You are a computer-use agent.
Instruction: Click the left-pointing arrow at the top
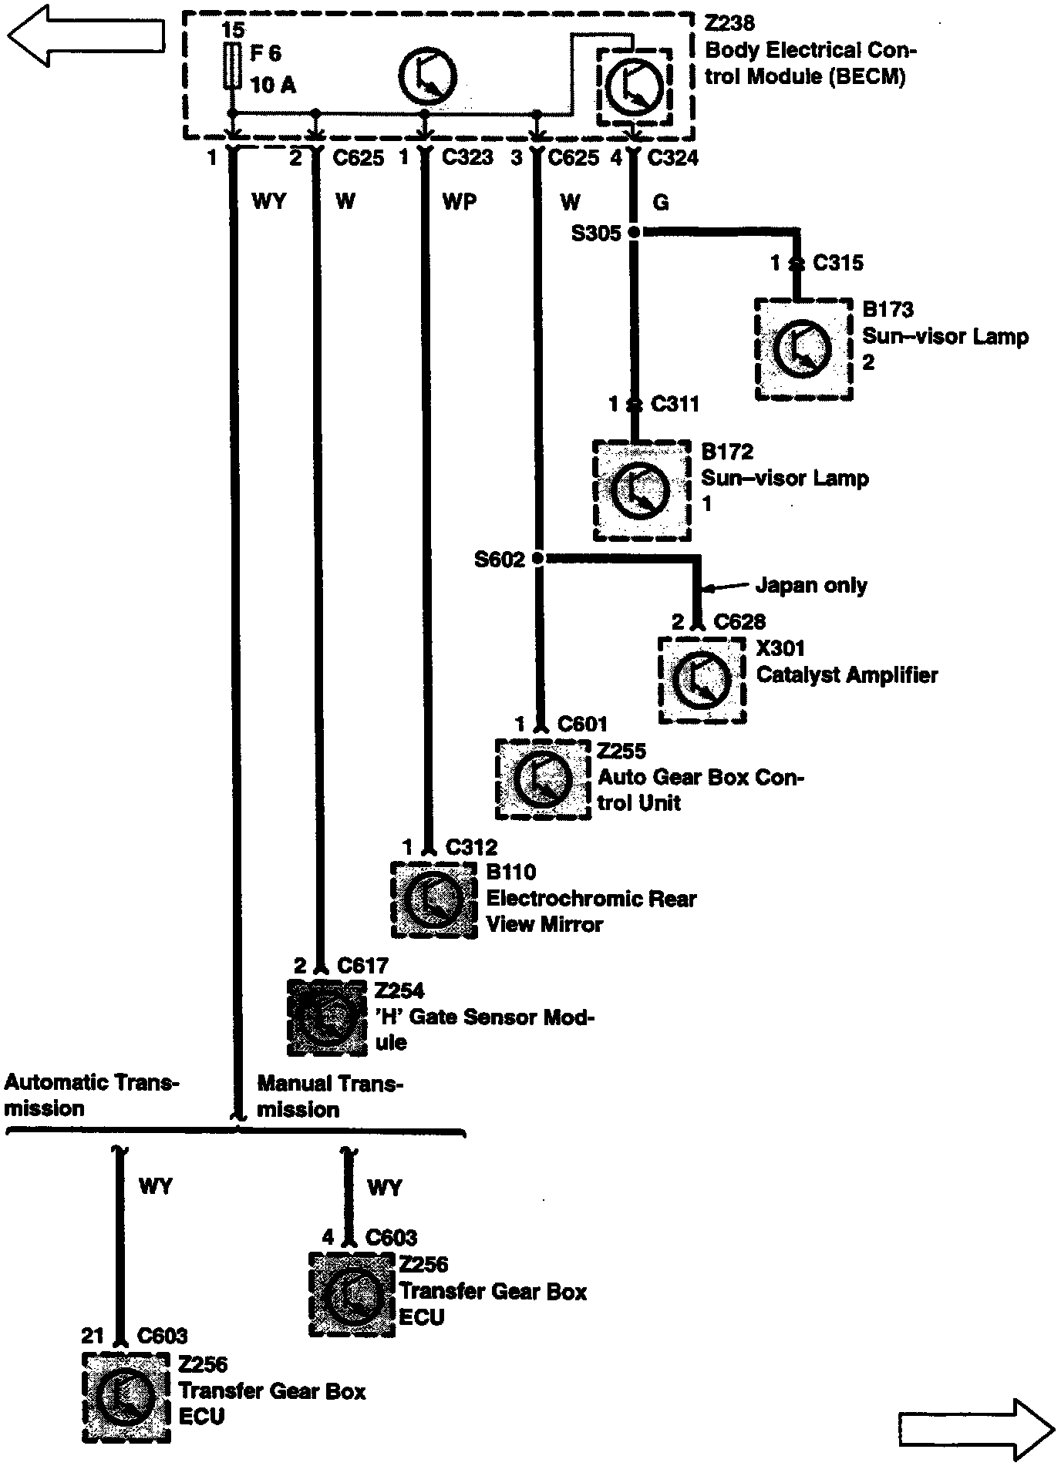point(86,35)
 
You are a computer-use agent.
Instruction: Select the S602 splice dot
point(537,558)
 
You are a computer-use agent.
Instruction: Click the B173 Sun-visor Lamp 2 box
point(803,349)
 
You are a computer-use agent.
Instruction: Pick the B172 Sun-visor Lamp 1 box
point(642,490)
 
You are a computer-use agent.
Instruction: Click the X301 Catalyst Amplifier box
point(702,679)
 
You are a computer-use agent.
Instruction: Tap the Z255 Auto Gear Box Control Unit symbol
point(543,778)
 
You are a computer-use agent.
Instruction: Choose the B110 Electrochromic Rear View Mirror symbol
point(433,899)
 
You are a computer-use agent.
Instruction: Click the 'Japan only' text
point(810,585)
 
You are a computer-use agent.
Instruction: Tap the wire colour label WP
point(459,202)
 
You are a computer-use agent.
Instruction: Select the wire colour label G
point(661,202)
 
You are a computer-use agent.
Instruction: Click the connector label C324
point(672,157)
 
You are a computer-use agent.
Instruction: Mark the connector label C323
point(467,157)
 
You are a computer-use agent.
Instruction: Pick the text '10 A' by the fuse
point(273,85)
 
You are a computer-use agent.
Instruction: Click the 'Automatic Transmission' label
point(90,1095)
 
